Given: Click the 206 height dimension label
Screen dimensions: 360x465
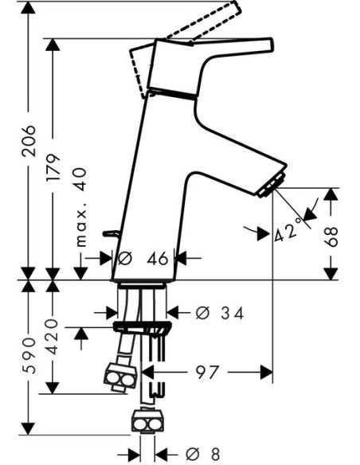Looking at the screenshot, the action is click(x=29, y=141).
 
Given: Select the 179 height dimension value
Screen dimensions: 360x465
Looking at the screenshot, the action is click(x=53, y=167).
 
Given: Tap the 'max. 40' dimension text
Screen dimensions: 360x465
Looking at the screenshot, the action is click(x=81, y=207).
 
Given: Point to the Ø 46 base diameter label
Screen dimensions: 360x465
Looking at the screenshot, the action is click(x=143, y=259).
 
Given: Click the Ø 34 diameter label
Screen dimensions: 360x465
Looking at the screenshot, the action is click(x=220, y=313).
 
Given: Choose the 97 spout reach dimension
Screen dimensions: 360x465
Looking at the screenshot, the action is click(x=207, y=372).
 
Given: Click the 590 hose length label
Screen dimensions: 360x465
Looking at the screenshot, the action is click(x=29, y=355).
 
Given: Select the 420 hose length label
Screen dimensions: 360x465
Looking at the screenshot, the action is click(x=53, y=337).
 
